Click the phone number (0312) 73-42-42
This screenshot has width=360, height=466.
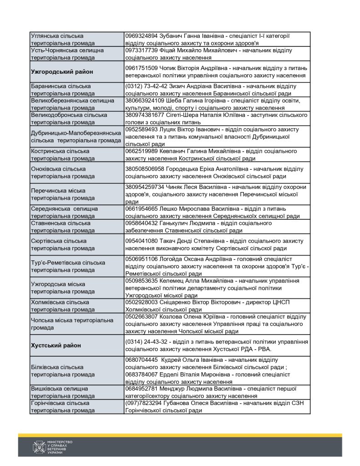[142, 86]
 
